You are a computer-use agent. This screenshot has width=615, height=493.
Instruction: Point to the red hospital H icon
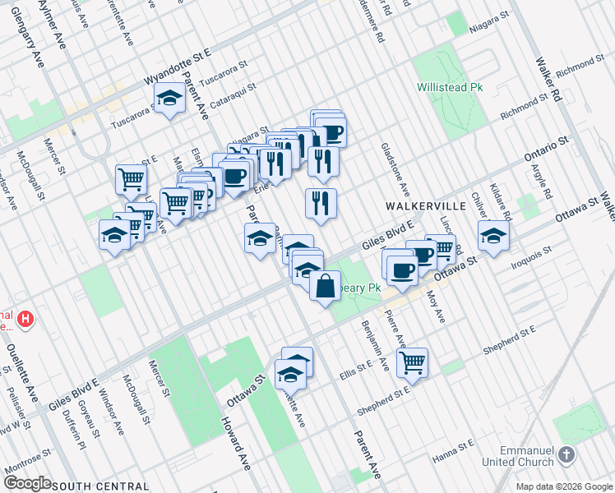tap(26, 318)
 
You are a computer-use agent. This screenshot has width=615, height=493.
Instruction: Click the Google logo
tap(26, 483)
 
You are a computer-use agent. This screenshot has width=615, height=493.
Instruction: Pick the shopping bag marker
tap(326, 286)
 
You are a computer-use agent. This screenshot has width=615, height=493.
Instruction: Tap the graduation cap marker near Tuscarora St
tap(169, 98)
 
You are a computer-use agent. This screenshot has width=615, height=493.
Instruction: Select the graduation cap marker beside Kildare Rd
tap(493, 235)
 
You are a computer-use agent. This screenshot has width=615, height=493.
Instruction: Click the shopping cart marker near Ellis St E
tap(413, 361)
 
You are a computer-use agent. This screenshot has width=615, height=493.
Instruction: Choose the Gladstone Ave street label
tap(395, 171)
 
